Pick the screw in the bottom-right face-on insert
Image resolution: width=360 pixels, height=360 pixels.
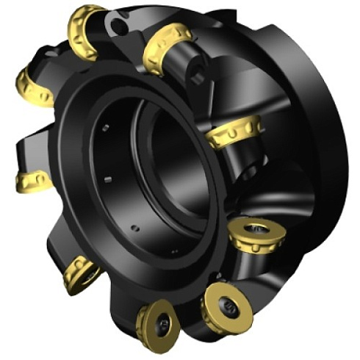(227, 305)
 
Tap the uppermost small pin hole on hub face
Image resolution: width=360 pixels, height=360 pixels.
(107, 126)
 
